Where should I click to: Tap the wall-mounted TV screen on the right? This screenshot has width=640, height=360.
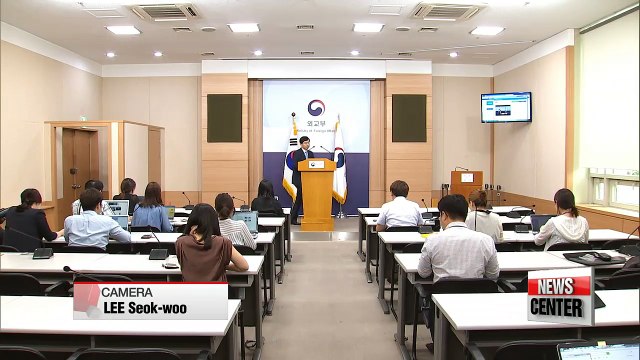(505, 107)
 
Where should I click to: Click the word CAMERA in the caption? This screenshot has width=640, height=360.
(127, 292)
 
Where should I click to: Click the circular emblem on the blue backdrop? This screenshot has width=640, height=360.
(317, 108)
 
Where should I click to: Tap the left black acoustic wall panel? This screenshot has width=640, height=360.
(224, 118)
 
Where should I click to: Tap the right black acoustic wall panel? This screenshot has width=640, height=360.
(408, 118)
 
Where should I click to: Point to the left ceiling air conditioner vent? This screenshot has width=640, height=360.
(165, 12)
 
